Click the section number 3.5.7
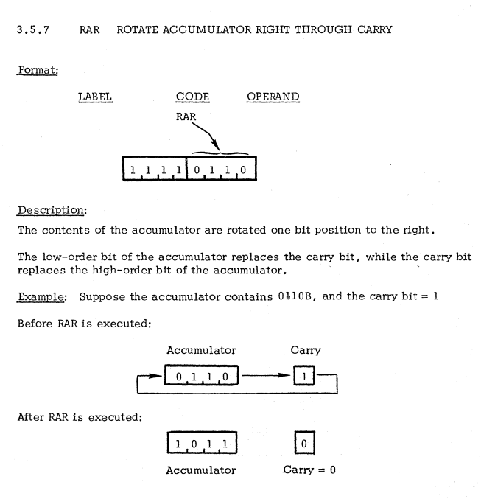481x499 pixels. coord(35,31)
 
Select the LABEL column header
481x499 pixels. coord(95,97)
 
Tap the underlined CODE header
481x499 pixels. coord(193,97)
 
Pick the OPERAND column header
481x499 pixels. coord(273,97)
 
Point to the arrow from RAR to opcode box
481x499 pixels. coord(204,134)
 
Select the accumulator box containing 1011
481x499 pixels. coord(201,445)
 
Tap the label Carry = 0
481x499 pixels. coord(310,470)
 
